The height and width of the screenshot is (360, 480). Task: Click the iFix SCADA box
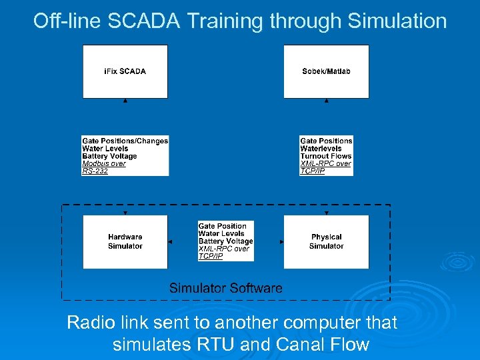pyautogui.click(x=125, y=71)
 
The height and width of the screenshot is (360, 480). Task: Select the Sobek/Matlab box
pyautogui.click(x=326, y=71)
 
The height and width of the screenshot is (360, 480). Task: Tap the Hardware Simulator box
pyautogui.click(x=125, y=241)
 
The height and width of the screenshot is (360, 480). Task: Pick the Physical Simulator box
pyautogui.click(x=326, y=241)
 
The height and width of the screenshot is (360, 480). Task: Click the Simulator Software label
pyautogui.click(x=225, y=288)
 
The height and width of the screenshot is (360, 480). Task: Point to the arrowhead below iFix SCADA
pyautogui.click(x=125, y=101)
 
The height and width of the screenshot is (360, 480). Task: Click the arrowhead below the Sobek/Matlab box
pyautogui.click(x=326, y=101)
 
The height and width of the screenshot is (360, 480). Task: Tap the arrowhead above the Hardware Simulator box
pyautogui.click(x=125, y=212)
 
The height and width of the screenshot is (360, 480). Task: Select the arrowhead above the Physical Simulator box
pyautogui.click(x=326, y=212)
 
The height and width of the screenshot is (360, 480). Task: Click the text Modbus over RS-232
pyautogui.click(x=104, y=167)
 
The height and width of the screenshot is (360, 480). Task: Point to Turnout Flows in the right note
pyautogui.click(x=326, y=156)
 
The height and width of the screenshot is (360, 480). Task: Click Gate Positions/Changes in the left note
pyautogui.click(x=125, y=141)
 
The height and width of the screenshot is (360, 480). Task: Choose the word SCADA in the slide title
pyautogui.click(x=156, y=21)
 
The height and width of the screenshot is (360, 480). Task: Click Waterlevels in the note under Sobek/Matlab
pyautogui.click(x=321, y=149)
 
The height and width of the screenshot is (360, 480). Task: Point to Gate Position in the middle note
pyautogui.click(x=223, y=226)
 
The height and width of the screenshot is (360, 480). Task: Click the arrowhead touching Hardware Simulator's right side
pyautogui.click(x=171, y=241)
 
